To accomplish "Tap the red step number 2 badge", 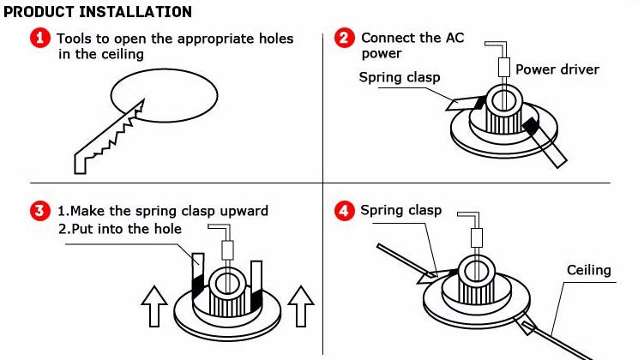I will click(344, 39).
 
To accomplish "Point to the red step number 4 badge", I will click(344, 211).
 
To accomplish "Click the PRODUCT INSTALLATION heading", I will click(98, 12).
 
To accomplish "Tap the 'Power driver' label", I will click(557, 69).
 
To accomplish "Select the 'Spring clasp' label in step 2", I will click(399, 78).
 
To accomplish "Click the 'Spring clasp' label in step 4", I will click(400, 210).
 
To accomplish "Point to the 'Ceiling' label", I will click(588, 270).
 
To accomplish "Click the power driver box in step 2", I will click(505, 68).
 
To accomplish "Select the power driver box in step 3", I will click(228, 249).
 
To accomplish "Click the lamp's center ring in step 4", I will click(473, 271).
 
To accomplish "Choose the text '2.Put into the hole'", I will click(119, 229).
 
